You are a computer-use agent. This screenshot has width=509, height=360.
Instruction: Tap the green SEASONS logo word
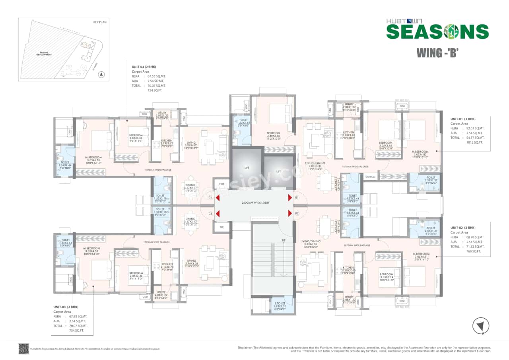point(437,31)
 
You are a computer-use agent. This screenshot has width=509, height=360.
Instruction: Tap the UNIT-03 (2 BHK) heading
point(66,307)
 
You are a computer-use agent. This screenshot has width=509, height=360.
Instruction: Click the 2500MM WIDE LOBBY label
point(253,202)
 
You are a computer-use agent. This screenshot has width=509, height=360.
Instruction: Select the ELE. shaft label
point(221,228)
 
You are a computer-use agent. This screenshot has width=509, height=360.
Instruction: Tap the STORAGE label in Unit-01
point(370,177)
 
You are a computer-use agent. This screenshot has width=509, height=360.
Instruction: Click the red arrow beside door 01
point(290,198)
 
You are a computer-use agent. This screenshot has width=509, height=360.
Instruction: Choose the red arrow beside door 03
point(218,214)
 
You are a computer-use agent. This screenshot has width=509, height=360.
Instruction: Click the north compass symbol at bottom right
point(480,326)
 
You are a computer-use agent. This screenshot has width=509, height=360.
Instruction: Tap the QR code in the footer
point(23,349)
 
